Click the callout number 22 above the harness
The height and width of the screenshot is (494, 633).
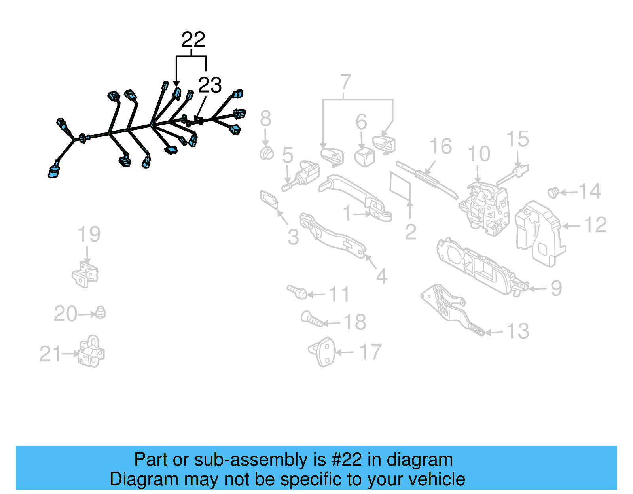pos(193,40)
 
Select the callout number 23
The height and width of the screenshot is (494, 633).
pos(210,85)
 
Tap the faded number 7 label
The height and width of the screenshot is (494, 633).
pos(345,82)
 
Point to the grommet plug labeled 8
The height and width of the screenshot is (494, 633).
pos(267,153)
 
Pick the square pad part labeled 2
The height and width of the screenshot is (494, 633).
pos(400,186)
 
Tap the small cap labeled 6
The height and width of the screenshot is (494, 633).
pos(365,157)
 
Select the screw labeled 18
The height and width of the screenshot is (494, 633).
pos(312,318)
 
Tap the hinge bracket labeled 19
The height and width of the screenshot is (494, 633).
pos(85,274)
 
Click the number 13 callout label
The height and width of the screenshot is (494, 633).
pos(517,331)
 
